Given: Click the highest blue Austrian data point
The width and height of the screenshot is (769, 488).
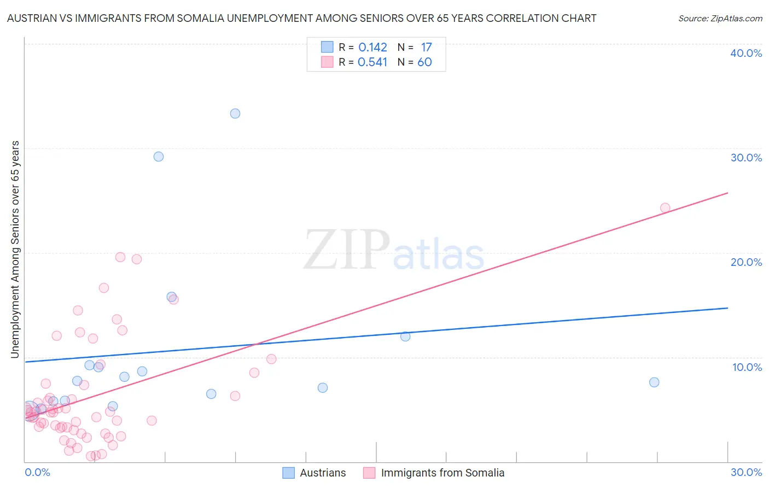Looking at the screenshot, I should coord(235,114).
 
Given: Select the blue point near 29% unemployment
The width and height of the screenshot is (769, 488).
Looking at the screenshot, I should coord(159,156).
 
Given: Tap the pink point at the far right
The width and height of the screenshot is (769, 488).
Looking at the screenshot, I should coord(665,208).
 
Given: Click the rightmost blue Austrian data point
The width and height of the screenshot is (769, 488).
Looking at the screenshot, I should coord(654,382).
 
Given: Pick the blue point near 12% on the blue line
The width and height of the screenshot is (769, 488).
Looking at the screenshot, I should coord(405,336).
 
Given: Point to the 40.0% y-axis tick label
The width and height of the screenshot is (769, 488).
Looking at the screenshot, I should coord(746,54).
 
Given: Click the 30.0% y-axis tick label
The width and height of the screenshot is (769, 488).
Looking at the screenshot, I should coord(746,158).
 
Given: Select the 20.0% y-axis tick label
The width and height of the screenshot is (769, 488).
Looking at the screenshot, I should coord(746,263).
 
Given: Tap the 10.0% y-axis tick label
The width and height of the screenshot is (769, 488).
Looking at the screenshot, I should coord(747,367).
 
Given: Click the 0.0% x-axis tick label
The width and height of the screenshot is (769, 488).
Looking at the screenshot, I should coord(37,472).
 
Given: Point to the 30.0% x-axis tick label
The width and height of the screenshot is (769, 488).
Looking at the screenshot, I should coord(746,472).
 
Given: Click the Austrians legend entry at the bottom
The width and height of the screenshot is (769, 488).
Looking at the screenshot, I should coord(314,473).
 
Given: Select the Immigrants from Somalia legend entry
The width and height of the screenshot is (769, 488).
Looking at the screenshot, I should coord(434,473).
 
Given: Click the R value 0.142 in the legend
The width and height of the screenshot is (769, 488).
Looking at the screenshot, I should coord(372,48).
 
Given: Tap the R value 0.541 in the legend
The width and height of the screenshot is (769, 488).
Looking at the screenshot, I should coord(372,62).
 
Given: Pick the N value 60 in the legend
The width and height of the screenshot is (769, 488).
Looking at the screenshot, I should coord(424,62).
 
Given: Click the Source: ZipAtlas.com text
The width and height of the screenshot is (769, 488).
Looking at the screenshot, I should coord(720,19).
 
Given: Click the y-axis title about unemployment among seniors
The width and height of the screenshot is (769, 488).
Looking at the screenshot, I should coord(15,249).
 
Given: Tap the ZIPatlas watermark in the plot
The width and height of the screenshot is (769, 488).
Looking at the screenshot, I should coord(394,251).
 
